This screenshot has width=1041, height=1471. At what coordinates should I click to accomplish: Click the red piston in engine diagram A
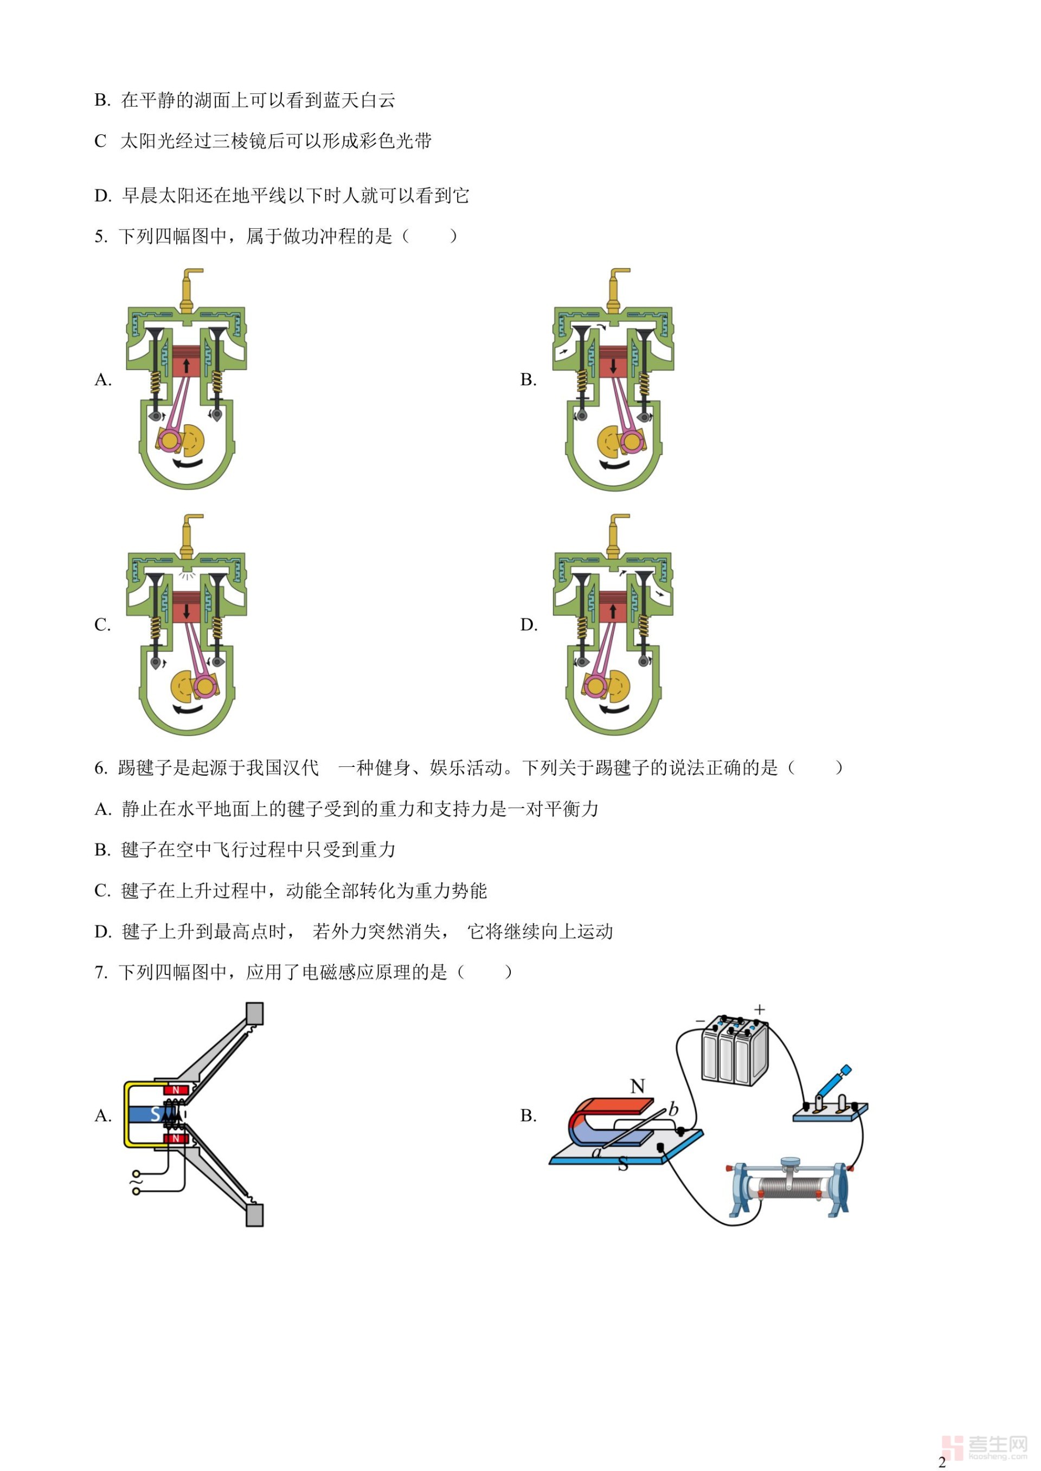click(187, 362)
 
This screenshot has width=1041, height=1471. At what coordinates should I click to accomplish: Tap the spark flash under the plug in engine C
click(187, 575)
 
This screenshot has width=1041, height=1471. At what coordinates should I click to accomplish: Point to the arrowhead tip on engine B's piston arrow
click(613, 372)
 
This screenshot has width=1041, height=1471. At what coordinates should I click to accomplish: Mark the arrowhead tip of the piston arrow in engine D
click(613, 604)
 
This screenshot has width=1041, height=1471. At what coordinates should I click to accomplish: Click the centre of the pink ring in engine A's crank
click(170, 440)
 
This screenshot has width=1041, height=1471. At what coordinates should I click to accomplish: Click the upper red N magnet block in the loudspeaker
click(176, 1090)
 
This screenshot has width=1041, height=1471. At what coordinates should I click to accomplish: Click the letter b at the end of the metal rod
click(673, 1108)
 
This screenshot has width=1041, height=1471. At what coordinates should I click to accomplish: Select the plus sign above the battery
click(760, 1010)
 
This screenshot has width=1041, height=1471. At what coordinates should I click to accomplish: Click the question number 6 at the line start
click(101, 767)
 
